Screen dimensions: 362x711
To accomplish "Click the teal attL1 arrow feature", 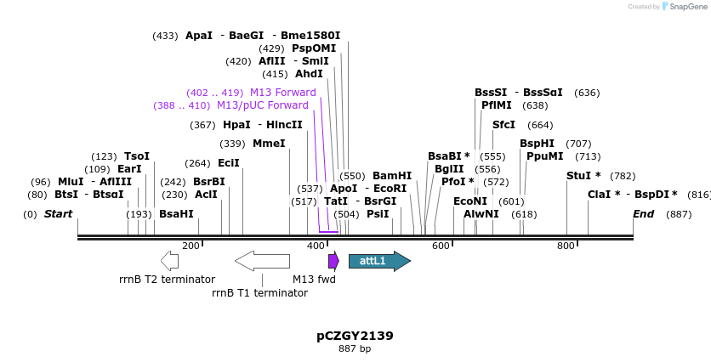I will pyautogui.click(x=378, y=261).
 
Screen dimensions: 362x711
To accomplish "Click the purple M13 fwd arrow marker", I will pyautogui.click(x=333, y=261).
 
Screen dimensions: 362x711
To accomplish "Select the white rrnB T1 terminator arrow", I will pyautogui.click(x=262, y=261).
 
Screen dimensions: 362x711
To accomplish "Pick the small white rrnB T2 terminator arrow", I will pyautogui.click(x=169, y=261).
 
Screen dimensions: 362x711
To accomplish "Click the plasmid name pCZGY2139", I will pyautogui.click(x=355, y=336).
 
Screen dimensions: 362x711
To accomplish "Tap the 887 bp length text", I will pyautogui.click(x=355, y=348).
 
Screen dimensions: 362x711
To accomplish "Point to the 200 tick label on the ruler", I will pyautogui.click(x=191, y=246).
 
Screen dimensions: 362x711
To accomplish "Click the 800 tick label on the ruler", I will pyautogui.click(x=566, y=246).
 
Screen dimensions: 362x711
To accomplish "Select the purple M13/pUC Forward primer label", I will pyautogui.click(x=262, y=105).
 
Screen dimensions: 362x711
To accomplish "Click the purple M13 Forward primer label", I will pyautogui.click(x=282, y=93).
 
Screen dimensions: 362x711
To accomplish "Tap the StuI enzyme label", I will pyautogui.click(x=583, y=176).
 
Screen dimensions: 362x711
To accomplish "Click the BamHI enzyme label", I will pyautogui.click(x=391, y=176).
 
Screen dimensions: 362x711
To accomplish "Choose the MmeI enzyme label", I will pyautogui.click(x=269, y=144).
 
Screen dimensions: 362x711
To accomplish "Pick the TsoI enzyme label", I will pyautogui.click(x=136, y=156).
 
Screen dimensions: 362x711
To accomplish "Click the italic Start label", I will pyautogui.click(x=58, y=214).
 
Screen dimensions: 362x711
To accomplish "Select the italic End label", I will pyautogui.click(x=643, y=214).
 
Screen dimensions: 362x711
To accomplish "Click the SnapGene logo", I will pyautogui.click(x=685, y=7).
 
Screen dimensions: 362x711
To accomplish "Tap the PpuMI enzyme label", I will pyautogui.click(x=544, y=156).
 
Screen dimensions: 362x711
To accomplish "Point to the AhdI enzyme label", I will pyautogui.click(x=309, y=74).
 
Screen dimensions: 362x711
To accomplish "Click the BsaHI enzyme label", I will pyautogui.click(x=176, y=214).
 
